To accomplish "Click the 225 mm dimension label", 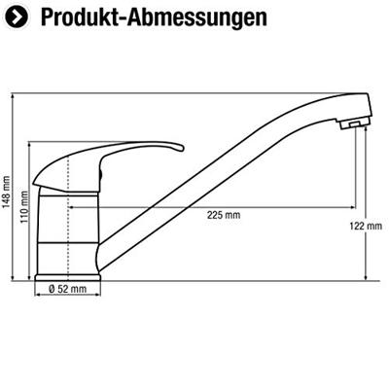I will [224, 215].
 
